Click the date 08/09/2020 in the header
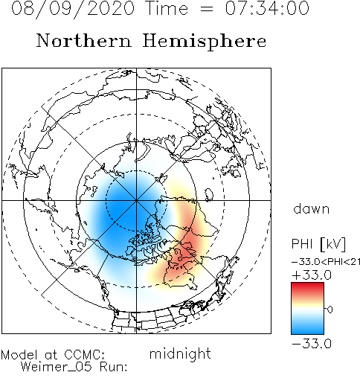[x=73, y=9]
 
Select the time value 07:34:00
[x=267, y=8]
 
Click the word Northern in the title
[x=84, y=40]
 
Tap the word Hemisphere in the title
[x=205, y=41]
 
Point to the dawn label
[x=312, y=209]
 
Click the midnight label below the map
[x=180, y=353]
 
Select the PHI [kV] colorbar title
[x=318, y=244]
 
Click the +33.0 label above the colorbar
[x=312, y=275]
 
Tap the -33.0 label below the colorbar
[x=312, y=344]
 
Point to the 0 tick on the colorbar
[x=330, y=310]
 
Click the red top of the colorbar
[x=307, y=288]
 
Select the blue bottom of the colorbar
[x=307, y=329]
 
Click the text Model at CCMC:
[x=53, y=355]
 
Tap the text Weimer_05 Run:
[x=74, y=367]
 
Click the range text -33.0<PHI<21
[x=326, y=262]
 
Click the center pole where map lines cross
[x=136, y=200]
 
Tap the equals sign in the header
[x=206, y=9]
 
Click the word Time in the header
[x=167, y=8]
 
